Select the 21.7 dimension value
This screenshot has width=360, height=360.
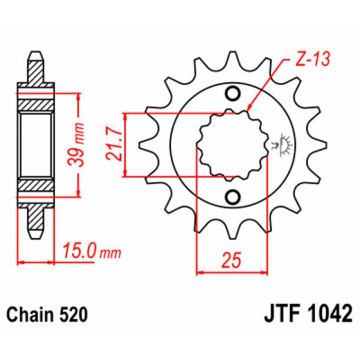click(115, 145)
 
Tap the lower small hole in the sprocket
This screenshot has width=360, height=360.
click(232, 196)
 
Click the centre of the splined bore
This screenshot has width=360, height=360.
click(232, 145)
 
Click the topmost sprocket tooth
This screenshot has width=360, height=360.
click(232, 60)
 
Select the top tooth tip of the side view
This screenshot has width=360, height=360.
click(35, 57)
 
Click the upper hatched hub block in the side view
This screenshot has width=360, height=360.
click(35, 104)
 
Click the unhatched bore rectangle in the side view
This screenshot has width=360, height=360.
click(35, 145)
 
